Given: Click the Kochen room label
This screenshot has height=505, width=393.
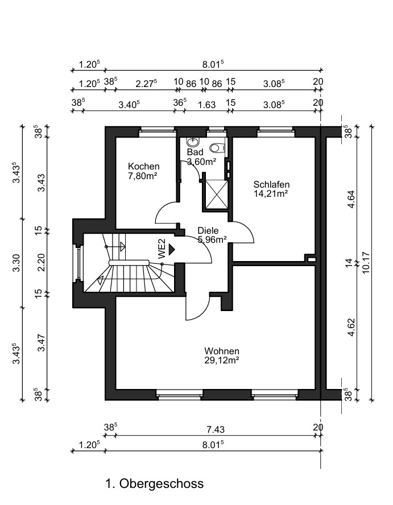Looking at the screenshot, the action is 144,167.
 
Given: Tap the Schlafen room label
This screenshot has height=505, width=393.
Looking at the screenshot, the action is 271,185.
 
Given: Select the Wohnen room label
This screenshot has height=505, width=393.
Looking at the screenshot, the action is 222,351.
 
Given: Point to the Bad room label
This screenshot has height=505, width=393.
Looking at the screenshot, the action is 195,152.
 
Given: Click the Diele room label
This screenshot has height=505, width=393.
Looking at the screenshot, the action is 208,230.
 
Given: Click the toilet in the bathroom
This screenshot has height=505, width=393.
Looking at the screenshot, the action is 217,148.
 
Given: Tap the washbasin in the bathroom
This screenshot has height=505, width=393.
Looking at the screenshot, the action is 193,142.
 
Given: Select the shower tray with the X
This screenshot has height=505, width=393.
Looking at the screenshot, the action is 217,194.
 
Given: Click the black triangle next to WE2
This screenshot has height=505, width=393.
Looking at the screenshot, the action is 171,249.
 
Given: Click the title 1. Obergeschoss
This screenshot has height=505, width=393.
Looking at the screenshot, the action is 155,483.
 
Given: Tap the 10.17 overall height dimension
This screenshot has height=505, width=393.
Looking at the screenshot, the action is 367,263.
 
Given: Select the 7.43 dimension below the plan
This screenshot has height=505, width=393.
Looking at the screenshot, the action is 215,429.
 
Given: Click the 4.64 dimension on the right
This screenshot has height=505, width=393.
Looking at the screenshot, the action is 351,200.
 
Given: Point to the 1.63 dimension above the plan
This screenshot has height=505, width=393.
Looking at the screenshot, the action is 206,105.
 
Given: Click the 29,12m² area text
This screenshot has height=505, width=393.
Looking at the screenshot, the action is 222,360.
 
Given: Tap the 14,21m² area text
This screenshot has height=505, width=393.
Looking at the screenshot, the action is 271,193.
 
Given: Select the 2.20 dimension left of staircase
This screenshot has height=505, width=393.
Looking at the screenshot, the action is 41,263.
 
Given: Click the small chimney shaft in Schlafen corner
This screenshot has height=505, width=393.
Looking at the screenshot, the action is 311,259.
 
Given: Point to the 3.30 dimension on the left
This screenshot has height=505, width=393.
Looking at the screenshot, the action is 16,263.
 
